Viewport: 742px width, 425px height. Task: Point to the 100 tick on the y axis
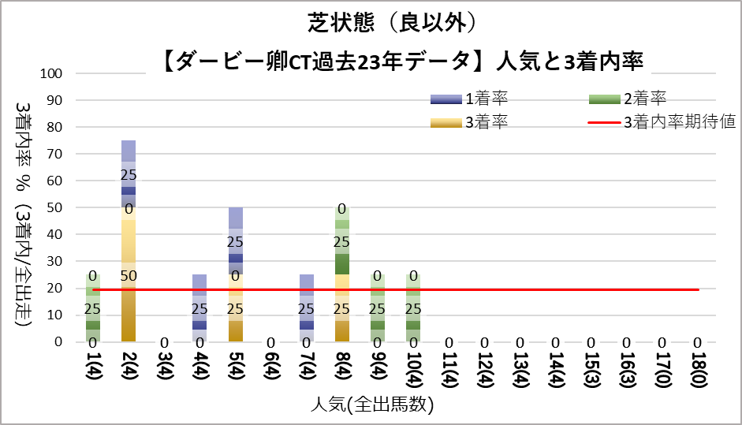tap(62, 73)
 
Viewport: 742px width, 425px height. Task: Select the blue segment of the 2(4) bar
tap(129, 173)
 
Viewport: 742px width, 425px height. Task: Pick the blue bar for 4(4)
tap(199, 308)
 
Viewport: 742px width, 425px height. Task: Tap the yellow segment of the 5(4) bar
tap(235, 308)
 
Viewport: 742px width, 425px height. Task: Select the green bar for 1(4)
tap(93, 308)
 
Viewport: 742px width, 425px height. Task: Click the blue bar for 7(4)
tap(306, 308)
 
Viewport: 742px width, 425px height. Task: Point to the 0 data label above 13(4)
tap(520, 343)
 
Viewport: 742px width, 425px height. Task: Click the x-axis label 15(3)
tap(591, 371)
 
